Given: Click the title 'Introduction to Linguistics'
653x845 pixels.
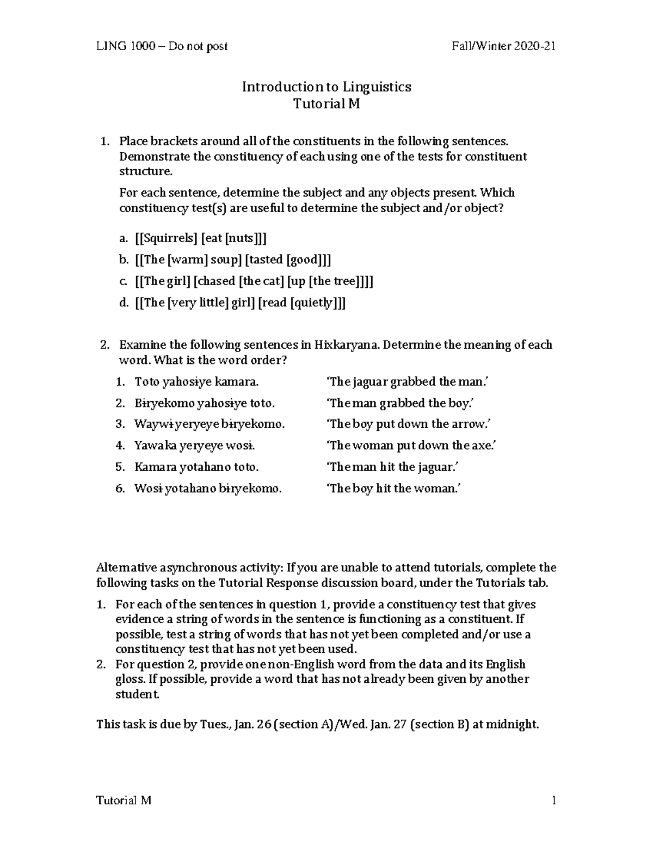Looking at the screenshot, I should [x=326, y=87].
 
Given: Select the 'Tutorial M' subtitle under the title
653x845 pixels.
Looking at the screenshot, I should [x=326, y=103].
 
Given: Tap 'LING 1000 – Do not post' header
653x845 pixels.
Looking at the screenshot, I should [x=162, y=46].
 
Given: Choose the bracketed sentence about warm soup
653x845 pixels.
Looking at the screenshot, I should [x=233, y=260].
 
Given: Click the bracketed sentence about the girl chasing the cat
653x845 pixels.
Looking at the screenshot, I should [x=254, y=281].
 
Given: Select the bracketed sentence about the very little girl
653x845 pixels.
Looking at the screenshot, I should [x=240, y=303].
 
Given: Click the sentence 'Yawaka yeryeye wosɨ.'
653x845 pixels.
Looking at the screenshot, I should [x=195, y=446].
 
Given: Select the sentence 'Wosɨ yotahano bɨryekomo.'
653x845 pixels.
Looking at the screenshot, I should [x=208, y=489].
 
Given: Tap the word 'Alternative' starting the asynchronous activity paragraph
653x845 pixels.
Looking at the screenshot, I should [x=126, y=568].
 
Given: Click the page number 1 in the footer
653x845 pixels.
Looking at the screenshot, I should [x=553, y=800].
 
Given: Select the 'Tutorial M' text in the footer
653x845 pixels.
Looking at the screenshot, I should [x=124, y=800].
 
